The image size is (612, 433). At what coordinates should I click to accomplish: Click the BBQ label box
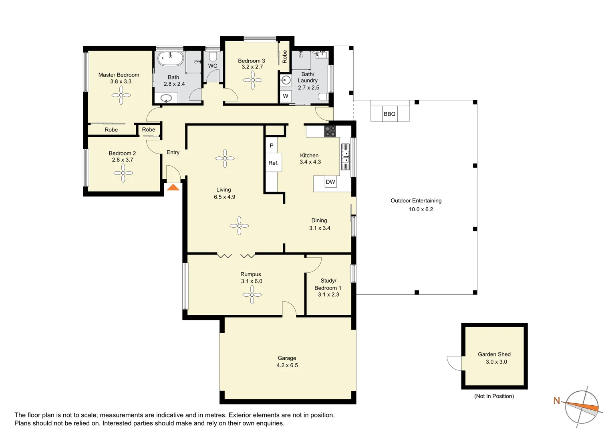[x=390, y=114]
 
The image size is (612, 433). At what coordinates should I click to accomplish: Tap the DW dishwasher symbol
[x=330, y=182]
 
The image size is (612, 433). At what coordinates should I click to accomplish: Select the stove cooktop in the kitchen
[x=330, y=131]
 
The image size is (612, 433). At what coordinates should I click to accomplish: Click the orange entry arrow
[x=173, y=187]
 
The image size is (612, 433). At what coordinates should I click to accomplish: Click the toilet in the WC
[x=213, y=57]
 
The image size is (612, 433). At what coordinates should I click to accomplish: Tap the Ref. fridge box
[x=274, y=163]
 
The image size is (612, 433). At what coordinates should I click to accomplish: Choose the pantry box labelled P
[x=272, y=145]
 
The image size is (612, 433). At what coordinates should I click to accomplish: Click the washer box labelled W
[x=286, y=96]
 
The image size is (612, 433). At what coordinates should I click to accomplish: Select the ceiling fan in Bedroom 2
[x=123, y=173]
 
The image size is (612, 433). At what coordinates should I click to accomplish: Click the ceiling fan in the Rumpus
[x=252, y=295]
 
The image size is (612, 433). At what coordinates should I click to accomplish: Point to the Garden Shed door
[x=454, y=363]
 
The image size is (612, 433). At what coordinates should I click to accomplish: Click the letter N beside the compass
[x=557, y=401]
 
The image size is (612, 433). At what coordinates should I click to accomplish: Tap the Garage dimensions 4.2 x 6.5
[x=287, y=365]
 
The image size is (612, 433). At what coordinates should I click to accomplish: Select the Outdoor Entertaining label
[x=416, y=200]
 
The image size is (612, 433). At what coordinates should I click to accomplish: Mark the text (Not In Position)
[x=494, y=396]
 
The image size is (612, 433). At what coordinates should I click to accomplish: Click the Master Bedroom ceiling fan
[x=121, y=95]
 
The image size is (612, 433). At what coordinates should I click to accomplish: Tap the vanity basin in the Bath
[x=166, y=98]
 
